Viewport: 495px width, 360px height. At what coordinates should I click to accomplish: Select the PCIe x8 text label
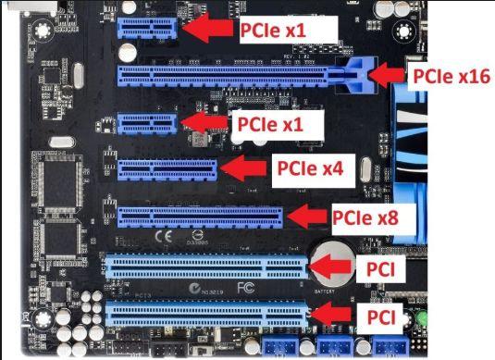[x=366, y=218]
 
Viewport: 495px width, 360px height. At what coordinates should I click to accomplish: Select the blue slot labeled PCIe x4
[x=167, y=169]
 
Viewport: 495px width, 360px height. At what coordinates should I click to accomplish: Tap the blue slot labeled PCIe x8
[x=199, y=217]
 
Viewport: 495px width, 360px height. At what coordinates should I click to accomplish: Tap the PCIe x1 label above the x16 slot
[x=274, y=31]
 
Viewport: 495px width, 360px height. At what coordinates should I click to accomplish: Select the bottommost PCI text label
[x=382, y=319]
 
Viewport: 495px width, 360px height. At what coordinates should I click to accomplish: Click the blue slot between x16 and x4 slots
[x=146, y=122]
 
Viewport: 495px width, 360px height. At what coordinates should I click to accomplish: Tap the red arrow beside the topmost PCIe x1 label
[x=208, y=30]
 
